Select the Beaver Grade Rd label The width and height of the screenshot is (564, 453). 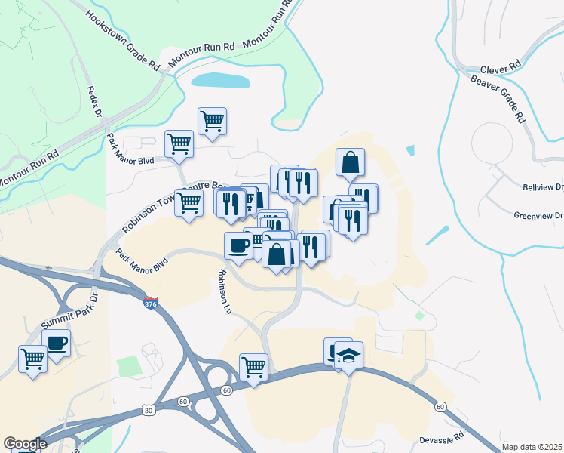point(497,97)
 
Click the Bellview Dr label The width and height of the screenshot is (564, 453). point(543,186)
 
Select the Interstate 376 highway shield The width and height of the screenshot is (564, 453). point(152,304)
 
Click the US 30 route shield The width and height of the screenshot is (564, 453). point(148,409)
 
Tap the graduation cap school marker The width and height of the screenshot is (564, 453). point(349,353)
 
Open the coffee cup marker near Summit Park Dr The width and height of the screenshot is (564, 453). point(57,341)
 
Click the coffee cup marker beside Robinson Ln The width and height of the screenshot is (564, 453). point(238,245)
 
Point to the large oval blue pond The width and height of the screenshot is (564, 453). point(220,79)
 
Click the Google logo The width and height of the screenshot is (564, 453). point(25,444)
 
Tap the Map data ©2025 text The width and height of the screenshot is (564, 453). point(532,447)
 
